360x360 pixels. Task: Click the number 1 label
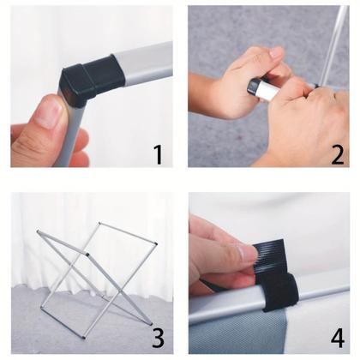click(x=157, y=153)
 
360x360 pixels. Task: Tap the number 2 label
click(x=337, y=153)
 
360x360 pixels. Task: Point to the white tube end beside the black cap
click(x=267, y=90)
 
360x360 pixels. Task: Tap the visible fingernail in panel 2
click(x=276, y=53)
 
